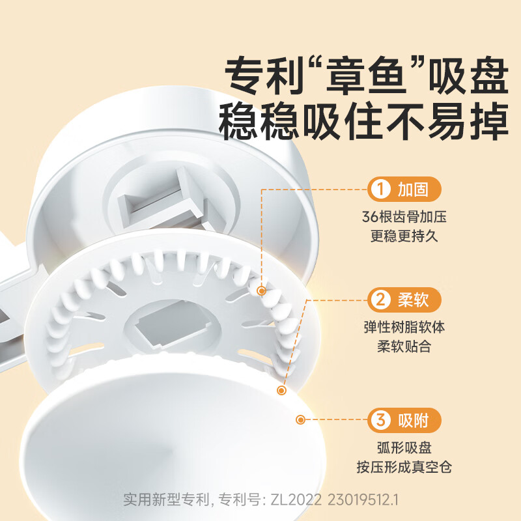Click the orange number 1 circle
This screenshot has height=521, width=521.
tap(379, 190)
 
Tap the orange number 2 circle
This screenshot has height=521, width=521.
tap(379, 300)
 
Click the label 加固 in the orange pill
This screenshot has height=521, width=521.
tap(414, 190)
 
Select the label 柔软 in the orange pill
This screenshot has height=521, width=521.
tap(414, 300)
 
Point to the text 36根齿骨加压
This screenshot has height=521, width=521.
tap(404, 217)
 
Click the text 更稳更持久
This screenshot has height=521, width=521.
tap(404, 236)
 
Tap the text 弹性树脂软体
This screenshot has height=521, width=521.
tap(404, 327)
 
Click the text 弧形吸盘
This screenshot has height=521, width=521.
tap(404, 447)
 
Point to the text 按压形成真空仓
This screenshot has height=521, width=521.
tap(404, 467)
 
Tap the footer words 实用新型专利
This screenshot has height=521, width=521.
tap(166, 500)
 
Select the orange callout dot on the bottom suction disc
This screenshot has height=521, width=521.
tap(301, 420)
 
